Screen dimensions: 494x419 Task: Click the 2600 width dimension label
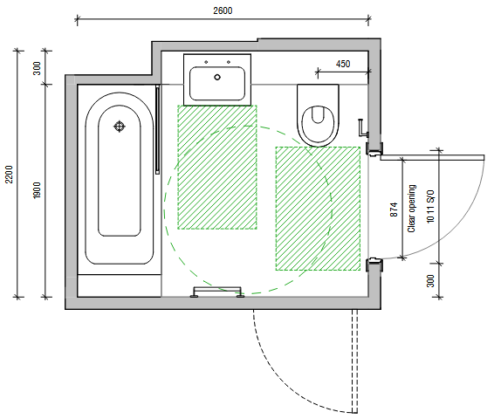[x=223, y=10]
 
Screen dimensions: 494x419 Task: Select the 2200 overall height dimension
[x=9, y=175]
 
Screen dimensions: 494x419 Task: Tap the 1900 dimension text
[x=37, y=190]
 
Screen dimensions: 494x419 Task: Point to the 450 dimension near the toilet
[x=343, y=64]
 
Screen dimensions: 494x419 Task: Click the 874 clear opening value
[x=394, y=209]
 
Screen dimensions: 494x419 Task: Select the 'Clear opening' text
[x=411, y=209]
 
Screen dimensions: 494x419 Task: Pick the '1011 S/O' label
[x=430, y=206]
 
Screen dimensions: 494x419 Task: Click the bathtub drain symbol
[x=119, y=127]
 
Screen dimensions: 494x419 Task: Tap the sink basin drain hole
[x=217, y=77]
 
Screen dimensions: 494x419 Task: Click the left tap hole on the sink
[x=206, y=62]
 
